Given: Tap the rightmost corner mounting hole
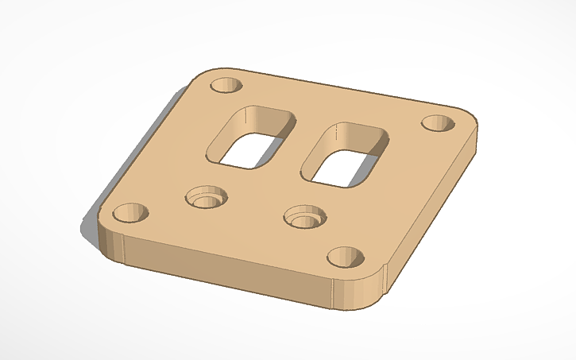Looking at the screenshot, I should (x=436, y=124).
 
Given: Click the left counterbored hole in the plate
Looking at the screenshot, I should (x=205, y=198).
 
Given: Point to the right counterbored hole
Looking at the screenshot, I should (x=304, y=216).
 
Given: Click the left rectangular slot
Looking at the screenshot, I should (x=253, y=137).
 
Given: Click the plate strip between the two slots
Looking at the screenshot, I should (x=297, y=147).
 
